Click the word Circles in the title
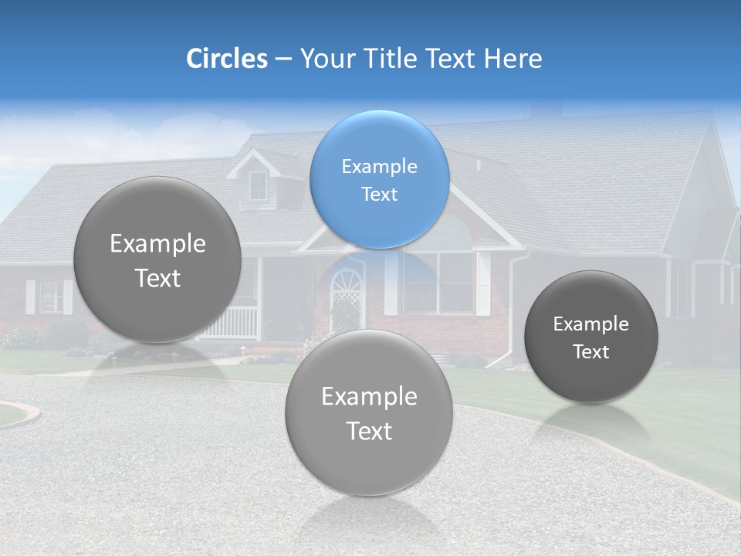click(x=227, y=59)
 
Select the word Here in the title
click(x=513, y=59)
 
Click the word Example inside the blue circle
click(x=379, y=166)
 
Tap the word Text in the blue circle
click(x=379, y=194)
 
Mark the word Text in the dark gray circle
click(x=591, y=351)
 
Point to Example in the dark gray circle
click(x=591, y=324)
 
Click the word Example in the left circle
click(x=157, y=243)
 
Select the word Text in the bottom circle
click(x=369, y=431)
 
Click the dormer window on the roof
click(x=258, y=185)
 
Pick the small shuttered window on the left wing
click(x=50, y=296)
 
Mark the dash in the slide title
click(x=283, y=59)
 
